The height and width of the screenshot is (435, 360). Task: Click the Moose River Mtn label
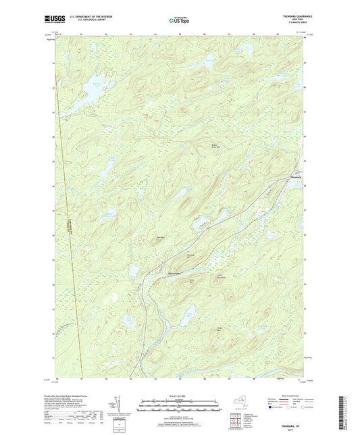215,147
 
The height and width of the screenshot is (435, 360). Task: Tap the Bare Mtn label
160,238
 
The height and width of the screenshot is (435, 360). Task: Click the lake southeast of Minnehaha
188,312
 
